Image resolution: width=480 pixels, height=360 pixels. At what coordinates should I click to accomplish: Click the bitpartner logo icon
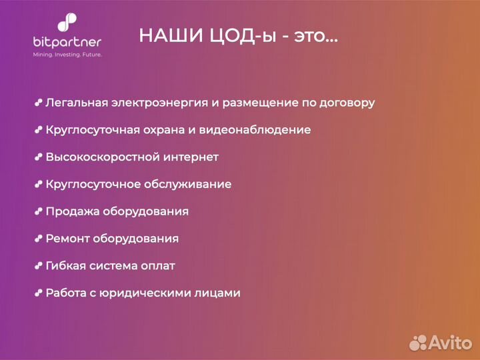(67, 23)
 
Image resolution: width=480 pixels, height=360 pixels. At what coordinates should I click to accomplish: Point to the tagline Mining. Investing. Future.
(67, 55)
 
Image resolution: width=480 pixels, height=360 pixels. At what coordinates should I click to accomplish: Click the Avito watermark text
(450, 343)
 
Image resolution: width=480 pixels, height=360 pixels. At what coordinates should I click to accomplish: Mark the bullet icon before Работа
(39, 293)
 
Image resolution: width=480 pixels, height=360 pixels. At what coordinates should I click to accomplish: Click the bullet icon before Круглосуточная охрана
(39, 130)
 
